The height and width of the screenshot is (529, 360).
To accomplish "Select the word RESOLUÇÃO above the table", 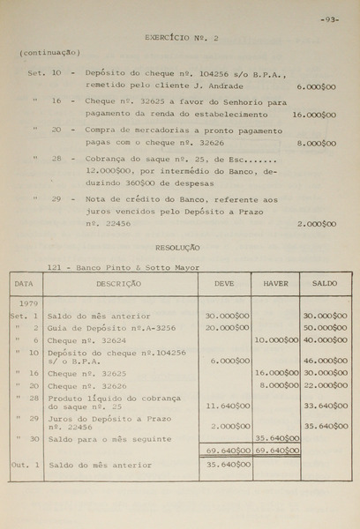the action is pyautogui.click(x=178, y=248).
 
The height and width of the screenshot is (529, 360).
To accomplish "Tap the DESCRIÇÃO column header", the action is pyautogui.click(x=118, y=284).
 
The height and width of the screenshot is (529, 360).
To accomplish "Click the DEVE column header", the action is pyautogui.click(x=225, y=284).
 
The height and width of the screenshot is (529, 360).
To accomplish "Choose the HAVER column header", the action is pyautogui.click(x=275, y=284).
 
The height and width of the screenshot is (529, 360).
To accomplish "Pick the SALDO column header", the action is pyautogui.click(x=325, y=284).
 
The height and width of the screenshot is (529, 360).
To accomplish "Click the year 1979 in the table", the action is pyautogui.click(x=26, y=302).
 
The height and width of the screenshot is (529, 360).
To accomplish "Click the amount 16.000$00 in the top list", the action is pyautogui.click(x=313, y=115).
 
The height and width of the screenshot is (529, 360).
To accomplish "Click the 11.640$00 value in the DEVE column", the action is pyautogui.click(x=228, y=406).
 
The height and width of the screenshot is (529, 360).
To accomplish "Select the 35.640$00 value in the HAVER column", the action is pyautogui.click(x=277, y=438).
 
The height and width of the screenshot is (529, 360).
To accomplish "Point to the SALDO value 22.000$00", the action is pyautogui.click(x=326, y=385).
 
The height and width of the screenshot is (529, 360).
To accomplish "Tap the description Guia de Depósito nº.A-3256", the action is pyautogui.click(x=112, y=327).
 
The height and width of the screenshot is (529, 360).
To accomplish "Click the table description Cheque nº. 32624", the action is pyautogui.click(x=86, y=339).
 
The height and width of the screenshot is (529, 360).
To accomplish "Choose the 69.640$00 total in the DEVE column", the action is pyautogui.click(x=228, y=451).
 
